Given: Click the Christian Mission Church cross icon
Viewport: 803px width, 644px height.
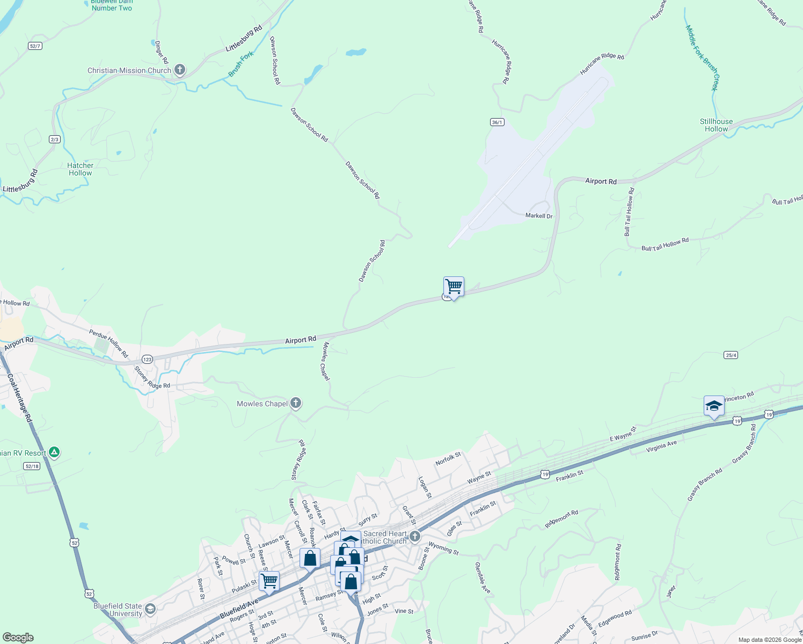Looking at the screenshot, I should pos(180,70).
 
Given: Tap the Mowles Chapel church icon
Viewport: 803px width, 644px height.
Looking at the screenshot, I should pos(295,404).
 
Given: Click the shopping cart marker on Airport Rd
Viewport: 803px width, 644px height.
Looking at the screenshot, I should pos(454,287).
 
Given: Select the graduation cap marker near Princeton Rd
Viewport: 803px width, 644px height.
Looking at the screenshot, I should pos(714,406).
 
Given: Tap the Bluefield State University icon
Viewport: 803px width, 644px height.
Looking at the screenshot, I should pos(151,609).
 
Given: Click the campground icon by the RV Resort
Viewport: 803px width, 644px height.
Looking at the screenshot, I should pos(54,452).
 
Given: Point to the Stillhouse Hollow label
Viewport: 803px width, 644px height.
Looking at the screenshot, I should pos(716,125).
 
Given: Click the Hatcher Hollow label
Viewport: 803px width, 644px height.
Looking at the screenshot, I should pos(81,169).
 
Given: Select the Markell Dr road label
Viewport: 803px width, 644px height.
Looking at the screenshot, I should pos(539,216).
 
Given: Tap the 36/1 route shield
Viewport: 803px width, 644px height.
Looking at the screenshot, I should pos(497,122).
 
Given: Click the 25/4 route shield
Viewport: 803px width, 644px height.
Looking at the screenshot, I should pos(731,355).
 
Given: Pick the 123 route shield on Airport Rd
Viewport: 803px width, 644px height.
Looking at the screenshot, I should pos(148,359).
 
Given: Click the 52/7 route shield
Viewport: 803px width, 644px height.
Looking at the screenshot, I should pos(35,46).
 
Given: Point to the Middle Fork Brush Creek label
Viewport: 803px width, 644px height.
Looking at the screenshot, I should pos(702,57).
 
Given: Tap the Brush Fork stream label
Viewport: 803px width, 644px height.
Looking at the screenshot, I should pos(241,64).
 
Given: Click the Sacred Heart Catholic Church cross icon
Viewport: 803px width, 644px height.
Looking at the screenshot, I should pos(414,536).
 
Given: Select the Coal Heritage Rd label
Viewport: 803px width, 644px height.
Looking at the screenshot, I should pos(18,397).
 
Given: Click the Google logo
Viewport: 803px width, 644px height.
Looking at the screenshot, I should pos(18,638).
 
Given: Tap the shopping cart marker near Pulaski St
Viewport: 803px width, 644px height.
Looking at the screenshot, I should pos(269,580).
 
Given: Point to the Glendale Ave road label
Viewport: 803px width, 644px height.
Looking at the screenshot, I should pos(482,577).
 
